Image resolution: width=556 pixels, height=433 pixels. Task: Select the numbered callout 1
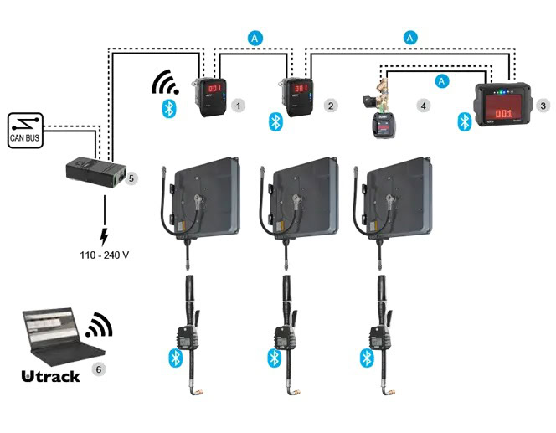pos(239,106)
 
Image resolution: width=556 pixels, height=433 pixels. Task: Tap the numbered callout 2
pos(331,106)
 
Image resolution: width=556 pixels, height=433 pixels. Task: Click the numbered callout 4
pos(424,106)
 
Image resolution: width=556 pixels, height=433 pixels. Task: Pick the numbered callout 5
pos(130,178)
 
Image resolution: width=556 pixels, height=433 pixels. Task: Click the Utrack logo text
pos(50,376)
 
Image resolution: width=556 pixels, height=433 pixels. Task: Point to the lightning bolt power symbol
pos(105,234)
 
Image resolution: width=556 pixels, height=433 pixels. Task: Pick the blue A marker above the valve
pos(442,80)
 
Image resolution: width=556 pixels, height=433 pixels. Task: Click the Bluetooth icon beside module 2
pos(273,121)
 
